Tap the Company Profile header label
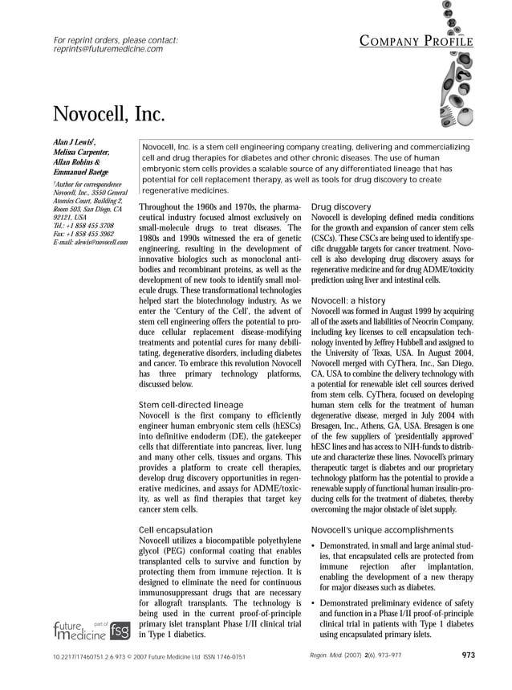point(416,41)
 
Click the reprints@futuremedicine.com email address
point(108,49)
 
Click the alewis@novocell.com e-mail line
point(90,243)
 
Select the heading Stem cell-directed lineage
point(191,405)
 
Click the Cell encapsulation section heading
point(176,530)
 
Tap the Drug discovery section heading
point(340,207)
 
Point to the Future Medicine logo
point(79,631)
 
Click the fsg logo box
point(120,631)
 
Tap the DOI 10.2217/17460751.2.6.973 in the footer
point(87,656)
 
